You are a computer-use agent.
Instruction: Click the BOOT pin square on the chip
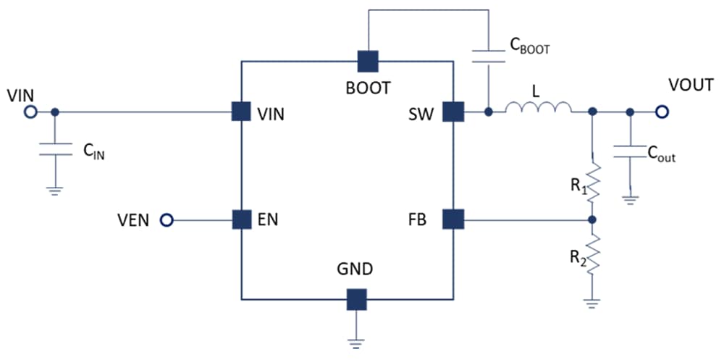pos(369,62)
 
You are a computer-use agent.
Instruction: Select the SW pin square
pos(453,112)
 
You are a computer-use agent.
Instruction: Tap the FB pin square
pos(453,219)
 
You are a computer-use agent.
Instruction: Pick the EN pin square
pos(241,219)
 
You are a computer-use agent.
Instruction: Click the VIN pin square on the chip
pos(241,112)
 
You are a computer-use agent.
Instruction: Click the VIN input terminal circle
pos(30,112)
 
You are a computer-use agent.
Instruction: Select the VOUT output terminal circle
pos(662,112)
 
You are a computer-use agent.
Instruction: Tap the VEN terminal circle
pos(167,219)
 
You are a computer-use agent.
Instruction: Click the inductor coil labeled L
pos(538,109)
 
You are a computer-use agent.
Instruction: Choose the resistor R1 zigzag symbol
pos(593,183)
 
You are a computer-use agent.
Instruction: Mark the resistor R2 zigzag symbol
pos(593,256)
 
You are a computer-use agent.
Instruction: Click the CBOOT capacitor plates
pos(489,56)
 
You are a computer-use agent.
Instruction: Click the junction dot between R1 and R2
pos(593,219)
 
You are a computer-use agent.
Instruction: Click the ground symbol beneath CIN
pos(55,191)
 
